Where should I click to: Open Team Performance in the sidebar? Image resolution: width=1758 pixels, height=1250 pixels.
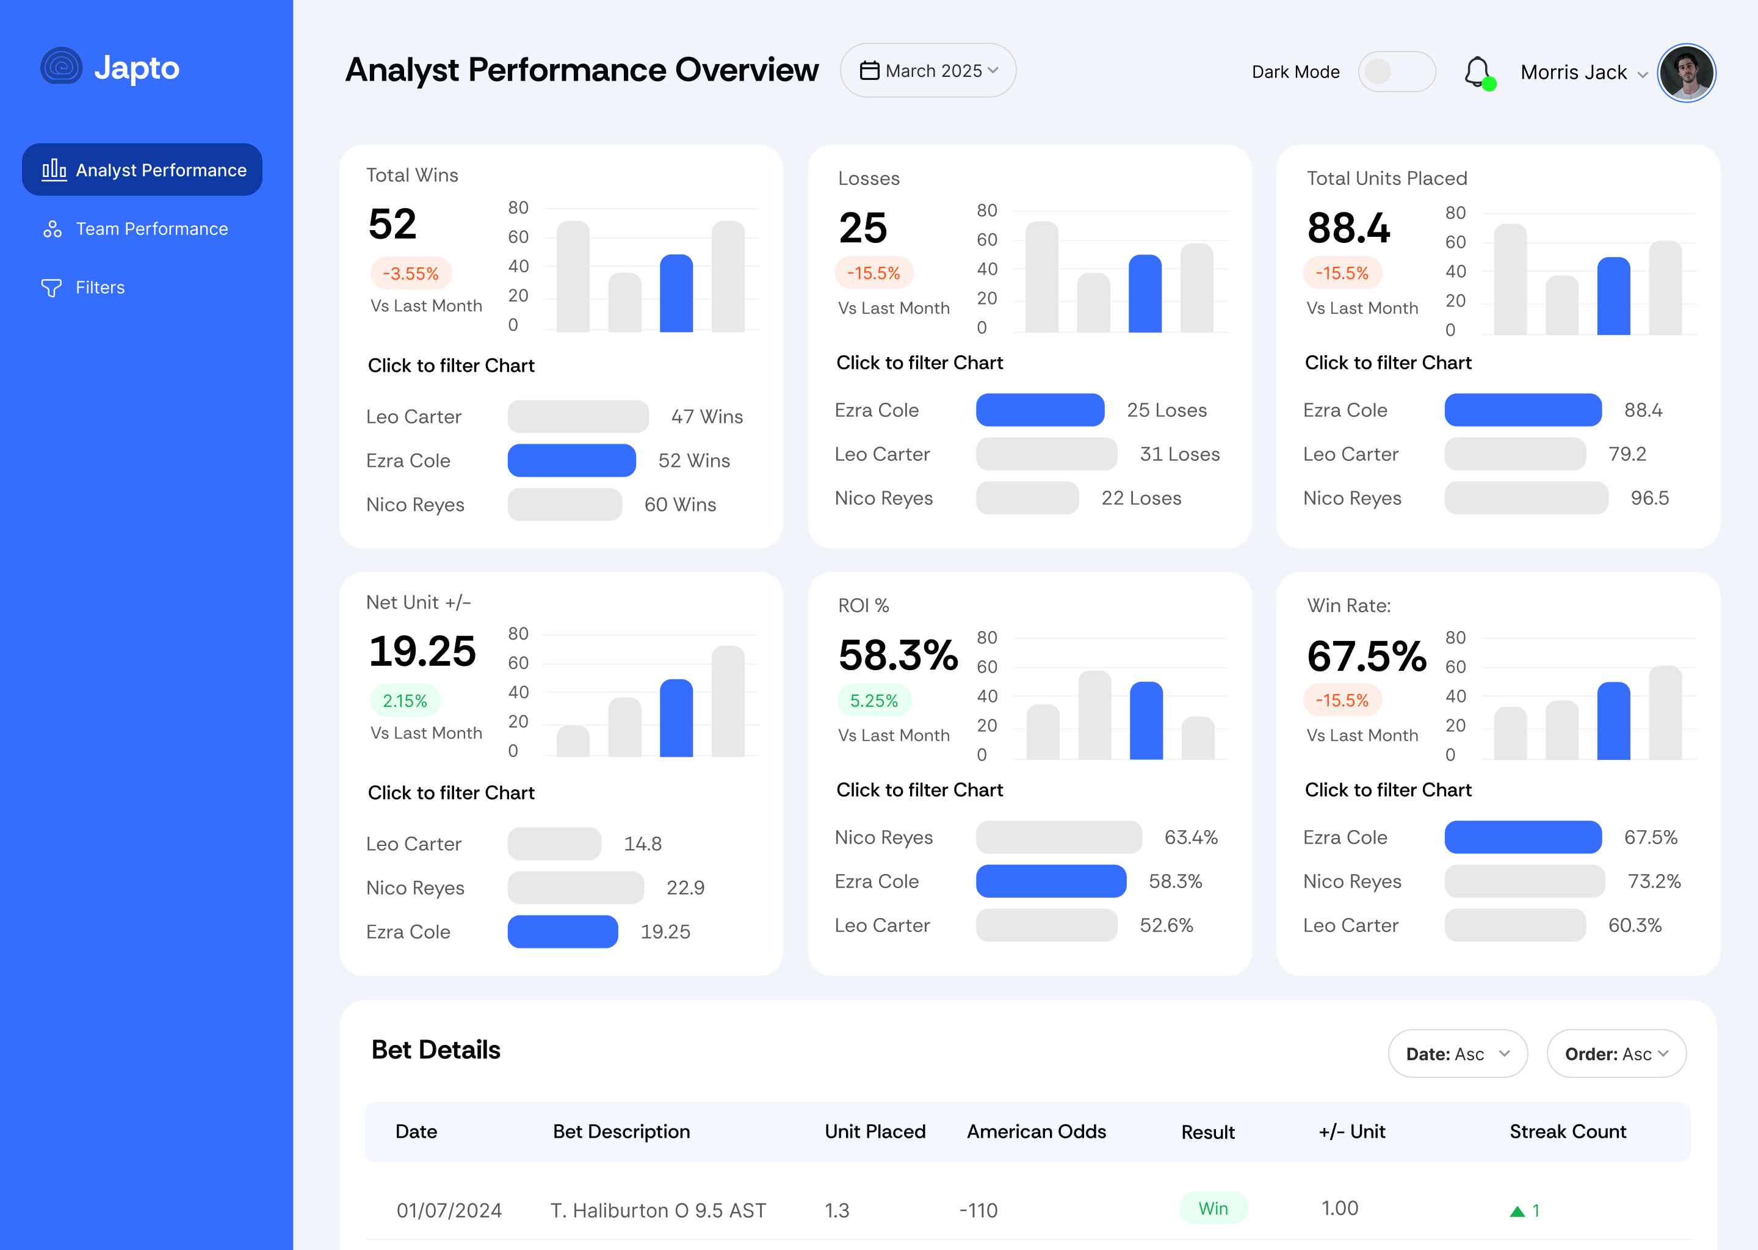(x=151, y=229)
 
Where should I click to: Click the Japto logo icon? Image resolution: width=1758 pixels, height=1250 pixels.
(x=62, y=67)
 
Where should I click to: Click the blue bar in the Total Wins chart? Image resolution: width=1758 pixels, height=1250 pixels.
(x=676, y=293)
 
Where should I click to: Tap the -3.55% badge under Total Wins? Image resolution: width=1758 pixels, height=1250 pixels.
(x=410, y=273)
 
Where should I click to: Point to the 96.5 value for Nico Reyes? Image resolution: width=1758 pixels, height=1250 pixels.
(x=1649, y=499)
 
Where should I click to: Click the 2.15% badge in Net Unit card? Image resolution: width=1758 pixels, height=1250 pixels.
(x=404, y=701)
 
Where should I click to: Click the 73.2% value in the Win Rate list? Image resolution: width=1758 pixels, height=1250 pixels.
(x=1654, y=881)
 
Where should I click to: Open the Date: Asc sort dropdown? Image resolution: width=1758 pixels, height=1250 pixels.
(x=1456, y=1053)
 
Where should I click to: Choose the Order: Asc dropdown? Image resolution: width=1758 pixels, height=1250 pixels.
(x=1616, y=1053)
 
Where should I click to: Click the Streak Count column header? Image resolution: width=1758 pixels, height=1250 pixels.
(x=1567, y=1132)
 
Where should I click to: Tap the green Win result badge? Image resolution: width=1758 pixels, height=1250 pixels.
(x=1212, y=1208)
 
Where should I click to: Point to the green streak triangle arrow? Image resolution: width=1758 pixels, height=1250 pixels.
(x=1517, y=1212)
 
